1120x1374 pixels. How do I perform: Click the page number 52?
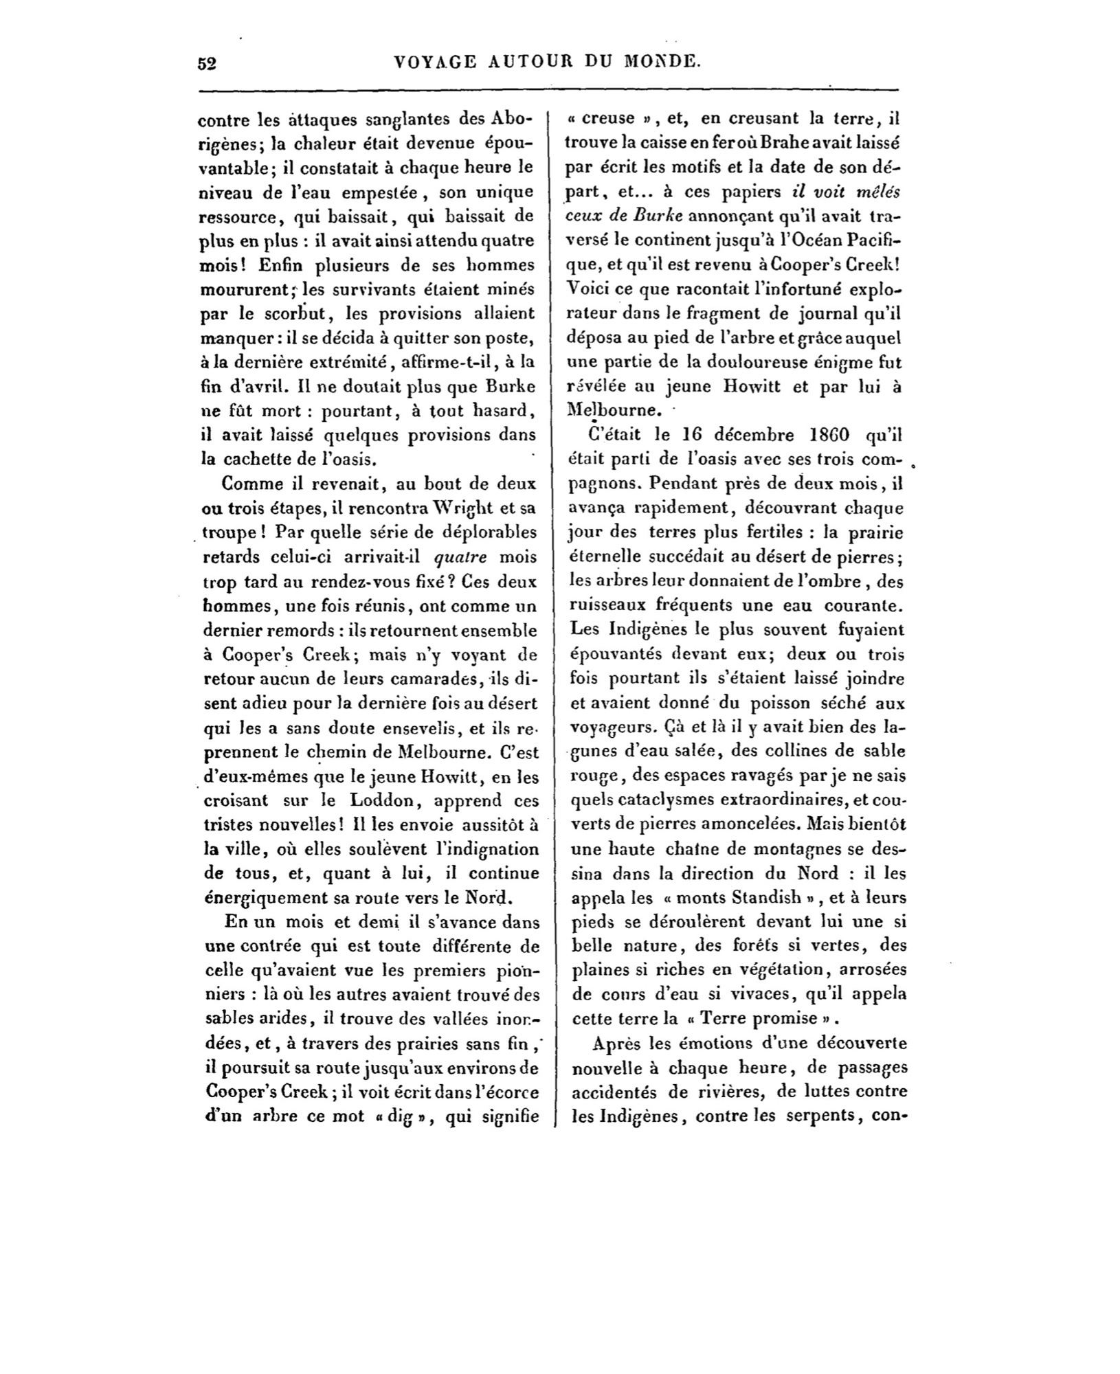click(207, 64)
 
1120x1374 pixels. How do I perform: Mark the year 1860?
click(829, 436)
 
